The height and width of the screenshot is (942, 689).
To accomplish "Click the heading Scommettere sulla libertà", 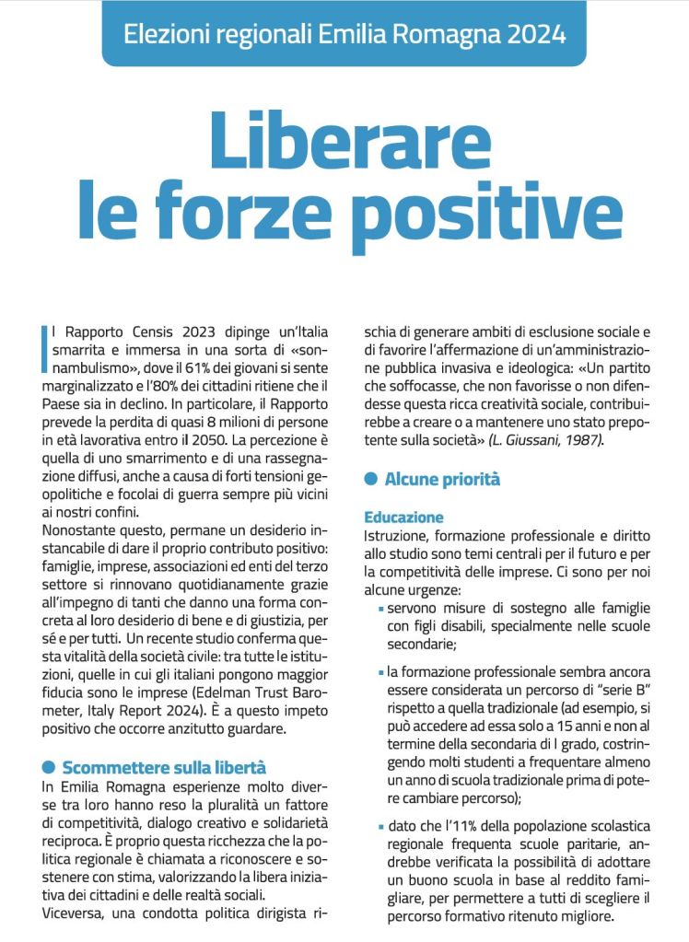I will coord(164,767).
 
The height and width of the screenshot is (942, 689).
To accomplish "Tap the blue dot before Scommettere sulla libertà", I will coord(49,767).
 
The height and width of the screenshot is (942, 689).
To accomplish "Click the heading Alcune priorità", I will coord(442,479).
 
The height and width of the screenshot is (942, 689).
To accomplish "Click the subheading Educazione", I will coord(403,518).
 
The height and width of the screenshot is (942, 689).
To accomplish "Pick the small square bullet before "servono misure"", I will coord(381,610).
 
